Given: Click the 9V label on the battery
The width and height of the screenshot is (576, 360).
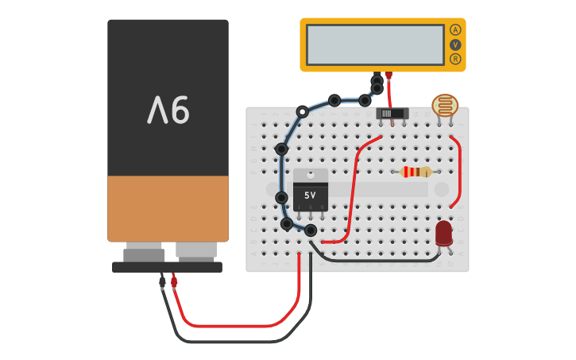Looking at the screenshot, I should point(168,110).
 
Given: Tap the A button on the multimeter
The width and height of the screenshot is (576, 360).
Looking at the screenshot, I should point(455,29).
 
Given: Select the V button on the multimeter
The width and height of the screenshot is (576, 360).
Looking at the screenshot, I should point(455,45).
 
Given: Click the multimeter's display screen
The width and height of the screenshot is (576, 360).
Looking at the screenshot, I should point(375,45).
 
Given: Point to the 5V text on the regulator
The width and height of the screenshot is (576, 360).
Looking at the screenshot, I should point(310,195).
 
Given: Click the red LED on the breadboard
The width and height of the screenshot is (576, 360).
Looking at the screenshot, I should point(443,233).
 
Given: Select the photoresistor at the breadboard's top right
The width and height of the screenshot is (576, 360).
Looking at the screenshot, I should point(445,106).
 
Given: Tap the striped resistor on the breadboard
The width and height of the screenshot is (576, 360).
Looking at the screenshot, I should point(416,172).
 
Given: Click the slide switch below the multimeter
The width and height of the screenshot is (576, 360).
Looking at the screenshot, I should point(392,114).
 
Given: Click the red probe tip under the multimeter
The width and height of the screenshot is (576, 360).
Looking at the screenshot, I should point(389,75).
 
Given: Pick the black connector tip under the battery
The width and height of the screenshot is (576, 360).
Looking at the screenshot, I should point(162,282).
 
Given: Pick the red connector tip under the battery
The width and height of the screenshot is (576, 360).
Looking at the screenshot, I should point(174,281).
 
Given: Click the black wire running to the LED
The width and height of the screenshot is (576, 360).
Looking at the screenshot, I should point(373,259).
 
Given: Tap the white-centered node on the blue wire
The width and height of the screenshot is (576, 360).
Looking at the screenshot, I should point(302,112).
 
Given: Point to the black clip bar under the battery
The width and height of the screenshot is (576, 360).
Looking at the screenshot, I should point(167,267).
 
